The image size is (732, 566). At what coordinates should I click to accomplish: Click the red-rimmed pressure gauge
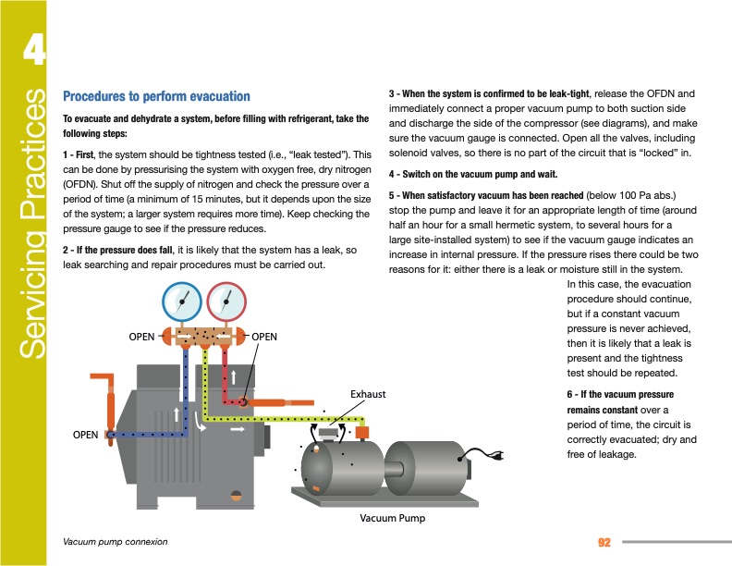point(226,300)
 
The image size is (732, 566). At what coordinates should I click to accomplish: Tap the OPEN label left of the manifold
point(141,337)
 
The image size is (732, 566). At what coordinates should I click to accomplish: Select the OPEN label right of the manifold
point(264,337)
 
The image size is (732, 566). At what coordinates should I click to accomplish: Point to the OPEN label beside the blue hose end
point(85,434)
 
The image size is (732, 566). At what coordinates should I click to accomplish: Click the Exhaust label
point(368,395)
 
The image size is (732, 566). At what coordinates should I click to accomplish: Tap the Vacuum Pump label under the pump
point(392,518)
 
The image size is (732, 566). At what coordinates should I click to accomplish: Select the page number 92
point(606,541)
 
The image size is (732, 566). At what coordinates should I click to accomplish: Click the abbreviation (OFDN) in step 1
point(80,184)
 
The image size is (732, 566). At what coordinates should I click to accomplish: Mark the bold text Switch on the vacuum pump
point(468,174)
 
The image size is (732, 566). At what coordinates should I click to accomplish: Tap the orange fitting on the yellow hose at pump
point(362,432)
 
